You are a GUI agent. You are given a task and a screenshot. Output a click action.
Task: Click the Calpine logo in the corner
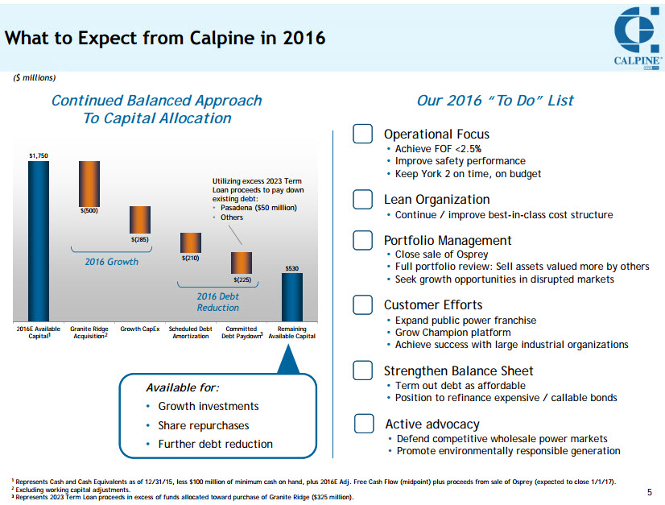pyautogui.click(x=636, y=37)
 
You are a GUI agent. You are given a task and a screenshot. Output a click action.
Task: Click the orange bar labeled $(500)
pyautogui.click(x=89, y=184)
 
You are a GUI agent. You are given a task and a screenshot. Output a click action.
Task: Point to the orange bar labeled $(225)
pyautogui.click(x=242, y=263)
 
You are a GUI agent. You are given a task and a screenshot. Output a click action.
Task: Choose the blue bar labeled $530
pyautogui.click(x=292, y=297)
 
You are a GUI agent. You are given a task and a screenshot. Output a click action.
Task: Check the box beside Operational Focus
pyautogui.click(x=362, y=134)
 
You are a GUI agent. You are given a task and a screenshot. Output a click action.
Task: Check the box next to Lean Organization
pyautogui.click(x=362, y=199)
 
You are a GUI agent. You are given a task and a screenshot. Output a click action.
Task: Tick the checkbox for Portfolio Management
pyautogui.click(x=362, y=240)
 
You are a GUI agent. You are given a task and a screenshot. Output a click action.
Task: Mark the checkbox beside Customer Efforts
pyautogui.click(x=362, y=304)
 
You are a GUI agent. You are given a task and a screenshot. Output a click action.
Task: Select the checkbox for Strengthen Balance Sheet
pyautogui.click(x=362, y=370)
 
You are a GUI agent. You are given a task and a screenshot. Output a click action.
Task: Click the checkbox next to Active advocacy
pyautogui.click(x=364, y=424)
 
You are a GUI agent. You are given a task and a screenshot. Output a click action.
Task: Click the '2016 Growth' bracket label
pyautogui.click(x=112, y=262)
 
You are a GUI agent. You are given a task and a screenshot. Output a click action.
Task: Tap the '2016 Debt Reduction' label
pyautogui.click(x=218, y=302)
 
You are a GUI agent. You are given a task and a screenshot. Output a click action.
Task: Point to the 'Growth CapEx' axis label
pyautogui.click(x=140, y=329)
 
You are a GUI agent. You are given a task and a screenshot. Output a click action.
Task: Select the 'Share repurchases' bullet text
pyautogui.click(x=204, y=425)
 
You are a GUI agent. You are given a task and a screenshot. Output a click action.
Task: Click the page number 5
pyautogui.click(x=650, y=492)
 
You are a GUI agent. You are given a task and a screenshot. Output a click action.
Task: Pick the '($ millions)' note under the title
pyautogui.click(x=34, y=78)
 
